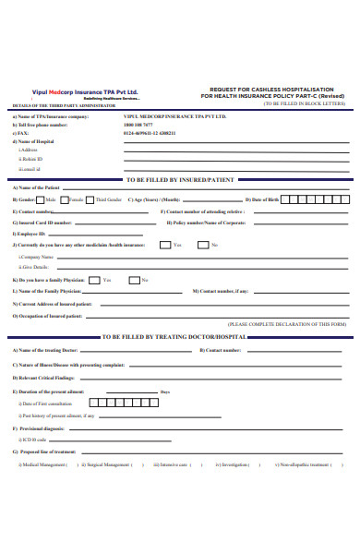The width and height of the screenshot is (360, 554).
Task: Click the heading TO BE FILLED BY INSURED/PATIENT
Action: pyautogui.click(x=180, y=179)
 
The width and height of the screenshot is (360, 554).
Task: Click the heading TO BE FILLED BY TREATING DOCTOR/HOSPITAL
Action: pyautogui.click(x=180, y=338)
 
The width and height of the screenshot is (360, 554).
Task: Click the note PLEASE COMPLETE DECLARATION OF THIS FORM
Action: pyautogui.click(x=286, y=325)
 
